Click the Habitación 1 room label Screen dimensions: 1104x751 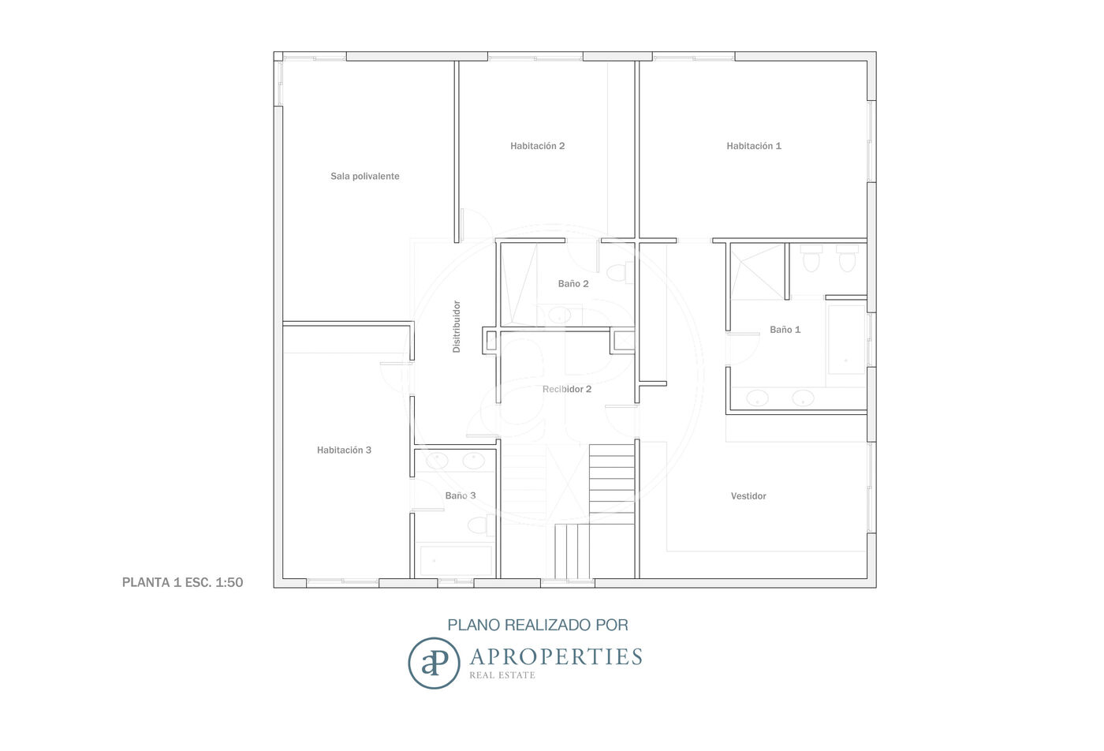pos(754,146)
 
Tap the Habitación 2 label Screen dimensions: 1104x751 pos(537,146)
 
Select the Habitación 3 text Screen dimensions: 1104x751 pos(344,450)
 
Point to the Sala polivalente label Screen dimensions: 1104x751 pos(364,176)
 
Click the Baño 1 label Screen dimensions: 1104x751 pos(785,330)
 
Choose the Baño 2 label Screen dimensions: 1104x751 pos(573,283)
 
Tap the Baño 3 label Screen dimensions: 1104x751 pos(461,495)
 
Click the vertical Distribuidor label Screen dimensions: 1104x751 pos(457,327)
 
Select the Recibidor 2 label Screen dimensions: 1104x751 pos(567,389)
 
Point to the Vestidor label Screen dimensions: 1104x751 pos(748,496)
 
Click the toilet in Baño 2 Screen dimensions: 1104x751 pos(619,273)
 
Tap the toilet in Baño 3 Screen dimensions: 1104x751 pos(481,525)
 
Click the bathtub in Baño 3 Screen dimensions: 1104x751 pos(456,560)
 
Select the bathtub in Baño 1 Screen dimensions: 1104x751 pos(846,340)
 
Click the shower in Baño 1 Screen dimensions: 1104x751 pos(757,271)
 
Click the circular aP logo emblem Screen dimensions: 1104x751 pos(434,663)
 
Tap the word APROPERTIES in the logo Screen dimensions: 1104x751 pos(556,657)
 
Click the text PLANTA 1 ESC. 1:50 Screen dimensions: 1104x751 pos(182,582)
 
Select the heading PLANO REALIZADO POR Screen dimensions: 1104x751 pos(538,625)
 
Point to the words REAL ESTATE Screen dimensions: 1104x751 pos(502,675)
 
